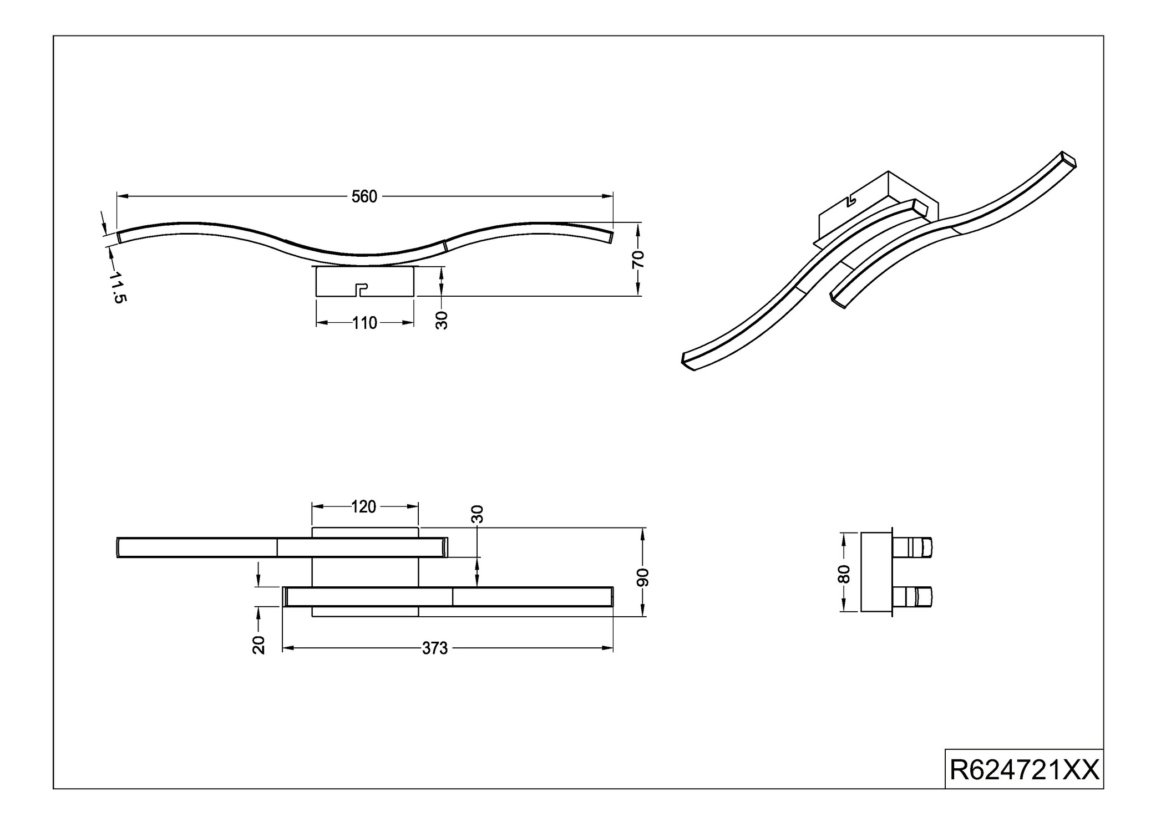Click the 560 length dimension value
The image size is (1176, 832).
coord(364,197)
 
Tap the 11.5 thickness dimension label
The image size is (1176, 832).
coord(118,287)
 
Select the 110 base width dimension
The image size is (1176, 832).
coord(364,323)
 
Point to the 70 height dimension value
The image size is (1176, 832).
coord(638,259)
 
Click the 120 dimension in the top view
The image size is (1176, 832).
coord(364,507)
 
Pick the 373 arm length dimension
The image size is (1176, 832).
coord(435,648)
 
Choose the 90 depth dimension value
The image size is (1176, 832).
coord(642,577)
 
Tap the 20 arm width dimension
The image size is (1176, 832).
coord(259,645)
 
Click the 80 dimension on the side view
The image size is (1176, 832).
coord(844,574)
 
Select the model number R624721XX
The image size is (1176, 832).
coord(1024,770)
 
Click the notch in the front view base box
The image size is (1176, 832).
coord(361,289)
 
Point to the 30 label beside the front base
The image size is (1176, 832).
coord(442,321)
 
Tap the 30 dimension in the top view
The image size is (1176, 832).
coord(478,514)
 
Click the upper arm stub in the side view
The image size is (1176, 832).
coord(913,547)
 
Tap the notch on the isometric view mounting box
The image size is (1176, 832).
coord(852,199)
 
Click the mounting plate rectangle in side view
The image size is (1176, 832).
coord(876,572)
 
